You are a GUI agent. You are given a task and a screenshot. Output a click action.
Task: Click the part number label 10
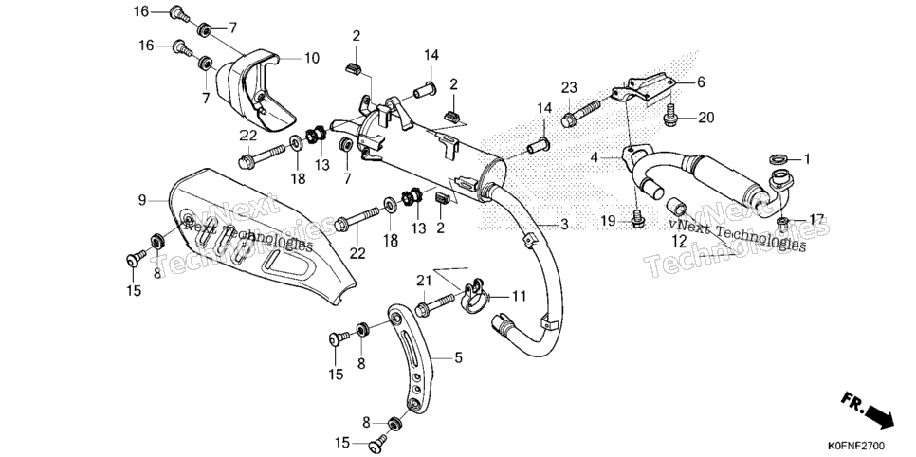pos(311,59)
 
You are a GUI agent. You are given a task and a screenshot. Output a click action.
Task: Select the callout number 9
pos(142,200)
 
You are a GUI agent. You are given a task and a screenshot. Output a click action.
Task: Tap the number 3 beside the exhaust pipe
pos(564,225)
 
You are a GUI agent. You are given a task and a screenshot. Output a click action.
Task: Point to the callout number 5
pos(458,356)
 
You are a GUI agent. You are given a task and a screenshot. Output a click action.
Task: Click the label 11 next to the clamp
pos(520,296)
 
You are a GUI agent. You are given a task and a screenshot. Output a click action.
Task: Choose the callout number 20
pos(706,119)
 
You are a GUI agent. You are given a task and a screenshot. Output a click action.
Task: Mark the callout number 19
pos(608,221)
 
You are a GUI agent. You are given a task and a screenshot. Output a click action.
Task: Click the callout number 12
pos(678,242)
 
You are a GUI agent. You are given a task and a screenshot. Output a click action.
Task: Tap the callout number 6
pos(701,82)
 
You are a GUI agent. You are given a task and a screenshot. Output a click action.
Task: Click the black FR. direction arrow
pos(879,417)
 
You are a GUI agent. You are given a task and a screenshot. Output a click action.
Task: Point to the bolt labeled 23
pos(580,113)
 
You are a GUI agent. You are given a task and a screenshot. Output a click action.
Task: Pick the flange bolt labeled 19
pos(638,219)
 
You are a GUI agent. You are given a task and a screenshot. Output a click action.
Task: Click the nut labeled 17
pos(784,222)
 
